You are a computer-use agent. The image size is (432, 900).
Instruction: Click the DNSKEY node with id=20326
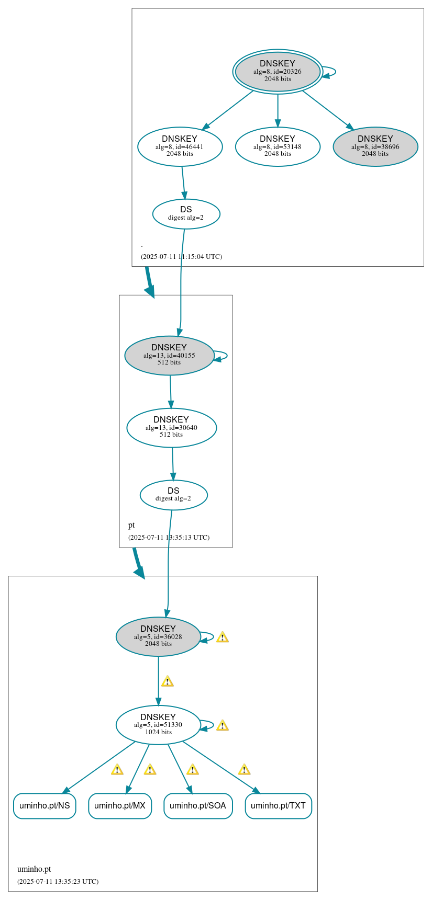tap(278, 72)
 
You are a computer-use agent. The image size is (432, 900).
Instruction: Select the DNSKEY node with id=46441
tap(180, 146)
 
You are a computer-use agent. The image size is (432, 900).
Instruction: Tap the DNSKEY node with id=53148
tap(278, 146)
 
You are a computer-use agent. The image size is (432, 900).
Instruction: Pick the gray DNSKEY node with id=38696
tap(375, 146)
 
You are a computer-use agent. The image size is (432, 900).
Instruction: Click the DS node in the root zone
tap(186, 213)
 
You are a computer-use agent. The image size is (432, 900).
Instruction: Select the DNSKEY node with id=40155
tap(169, 355)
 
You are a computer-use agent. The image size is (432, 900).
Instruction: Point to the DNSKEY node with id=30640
tap(171, 427)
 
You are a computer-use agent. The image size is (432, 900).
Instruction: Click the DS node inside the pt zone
tap(173, 495)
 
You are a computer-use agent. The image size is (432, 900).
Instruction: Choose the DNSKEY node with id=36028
tap(158, 636)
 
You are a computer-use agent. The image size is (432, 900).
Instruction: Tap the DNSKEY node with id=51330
tap(158, 725)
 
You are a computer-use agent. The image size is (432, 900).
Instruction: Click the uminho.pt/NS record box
tap(45, 805)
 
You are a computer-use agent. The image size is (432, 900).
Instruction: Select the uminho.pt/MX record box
tap(120, 805)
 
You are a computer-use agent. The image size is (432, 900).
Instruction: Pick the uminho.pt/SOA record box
tap(197, 805)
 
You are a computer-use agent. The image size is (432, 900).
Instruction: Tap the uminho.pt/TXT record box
tap(278, 805)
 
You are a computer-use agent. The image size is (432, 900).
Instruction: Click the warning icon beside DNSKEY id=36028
tap(222, 637)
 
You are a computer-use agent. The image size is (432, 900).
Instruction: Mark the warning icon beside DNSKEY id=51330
tap(222, 725)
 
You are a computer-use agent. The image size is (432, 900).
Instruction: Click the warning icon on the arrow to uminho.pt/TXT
tap(244, 769)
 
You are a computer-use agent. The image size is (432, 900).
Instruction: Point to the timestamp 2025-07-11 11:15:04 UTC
tap(181, 257)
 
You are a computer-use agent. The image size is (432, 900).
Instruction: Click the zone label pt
tap(131, 525)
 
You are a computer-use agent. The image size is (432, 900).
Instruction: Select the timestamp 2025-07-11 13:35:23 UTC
tap(58, 881)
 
